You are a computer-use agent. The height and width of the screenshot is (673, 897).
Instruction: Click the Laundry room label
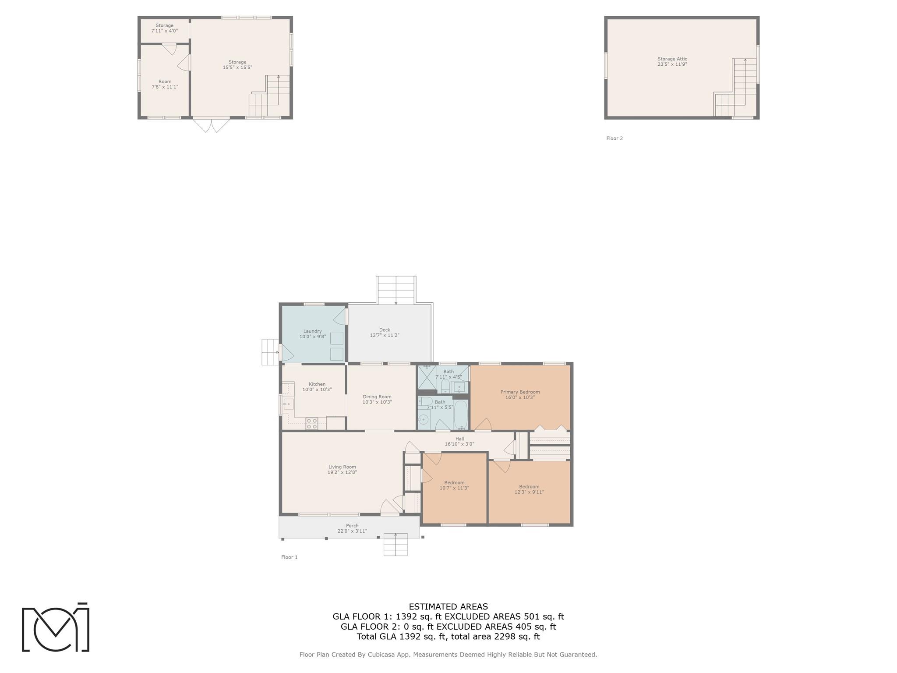tap(312, 331)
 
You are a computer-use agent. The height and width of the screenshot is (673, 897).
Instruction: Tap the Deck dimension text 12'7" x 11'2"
tap(385, 335)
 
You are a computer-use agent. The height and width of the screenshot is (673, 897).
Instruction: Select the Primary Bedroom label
tap(520, 392)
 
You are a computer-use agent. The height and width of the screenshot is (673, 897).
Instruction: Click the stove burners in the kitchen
tap(311, 423)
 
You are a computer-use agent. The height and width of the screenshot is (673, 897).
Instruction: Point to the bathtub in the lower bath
tap(461, 414)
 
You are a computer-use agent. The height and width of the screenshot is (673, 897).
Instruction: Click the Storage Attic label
tap(672, 59)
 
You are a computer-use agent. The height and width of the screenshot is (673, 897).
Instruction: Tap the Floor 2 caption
tap(614, 138)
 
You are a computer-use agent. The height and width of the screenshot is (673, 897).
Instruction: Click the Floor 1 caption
tap(289, 557)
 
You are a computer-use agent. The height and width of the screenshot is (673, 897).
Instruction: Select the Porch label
tap(352, 526)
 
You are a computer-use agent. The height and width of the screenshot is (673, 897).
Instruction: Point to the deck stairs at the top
tap(396, 290)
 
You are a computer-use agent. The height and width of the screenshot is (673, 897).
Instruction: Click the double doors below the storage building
tap(211, 125)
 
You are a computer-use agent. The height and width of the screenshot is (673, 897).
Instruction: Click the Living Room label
tap(342, 467)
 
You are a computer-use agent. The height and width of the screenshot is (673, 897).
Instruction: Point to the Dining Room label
tap(377, 397)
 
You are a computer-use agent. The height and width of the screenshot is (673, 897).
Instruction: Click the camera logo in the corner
tap(56, 627)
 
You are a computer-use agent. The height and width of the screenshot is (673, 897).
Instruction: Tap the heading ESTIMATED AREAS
tap(448, 607)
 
